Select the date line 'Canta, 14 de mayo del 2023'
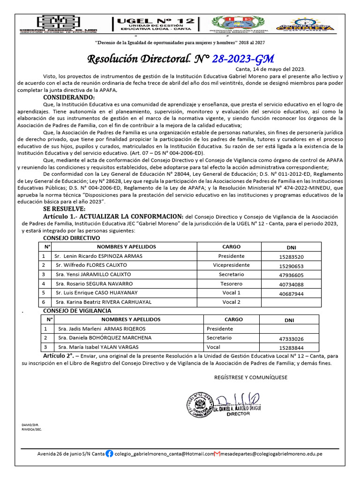click(270, 69)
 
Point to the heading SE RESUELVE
click(64, 208)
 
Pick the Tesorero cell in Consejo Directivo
click(231, 284)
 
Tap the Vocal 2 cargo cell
click(231, 302)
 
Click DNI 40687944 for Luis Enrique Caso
click(291, 294)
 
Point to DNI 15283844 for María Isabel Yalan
click(291, 348)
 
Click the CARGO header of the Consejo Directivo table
click(231, 247)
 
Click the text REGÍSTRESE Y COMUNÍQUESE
click(251, 377)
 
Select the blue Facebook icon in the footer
click(109, 454)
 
